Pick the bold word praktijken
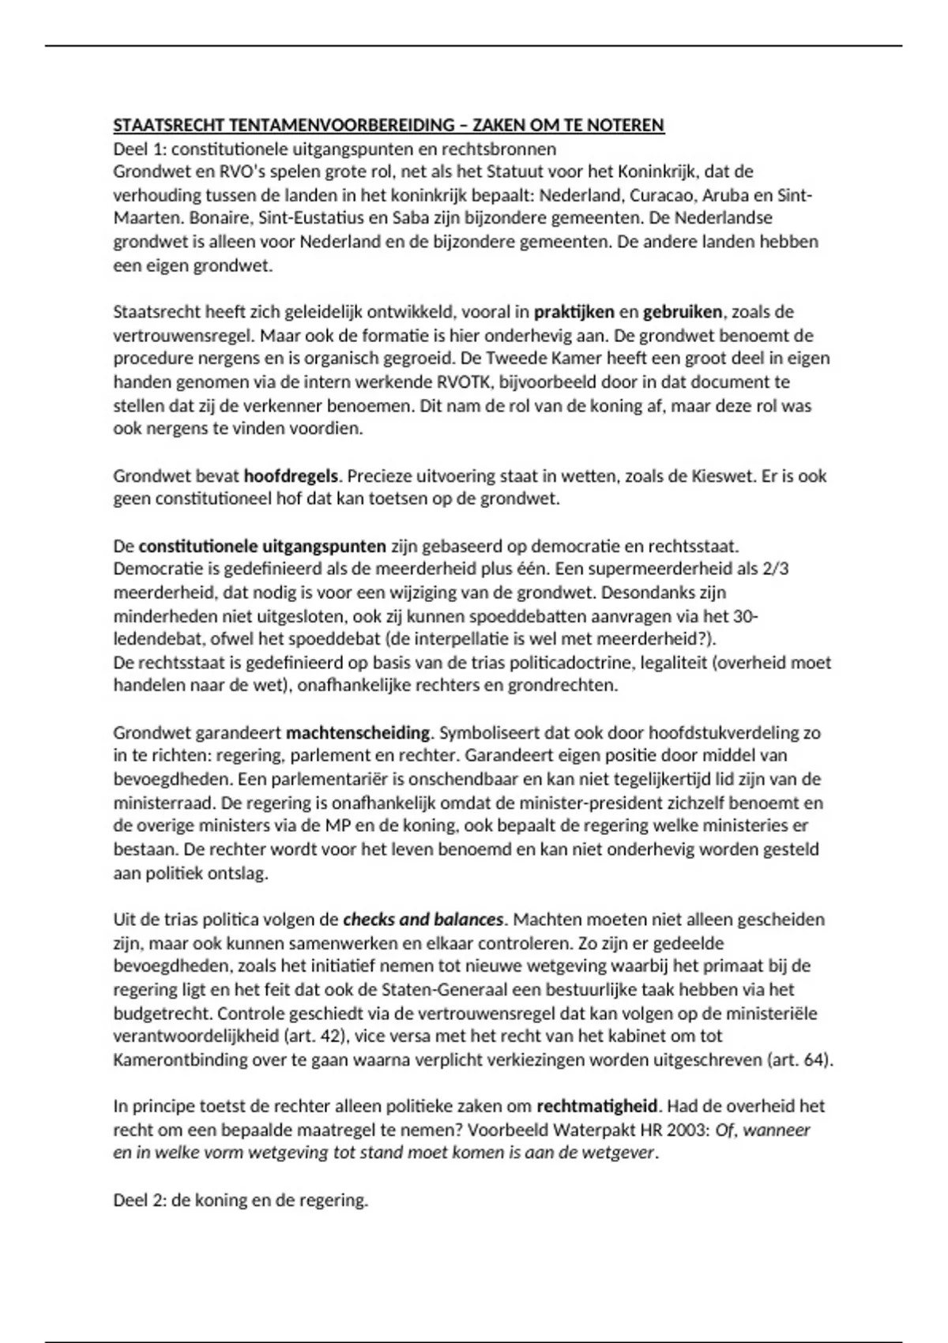[574, 312]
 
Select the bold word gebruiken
[683, 312]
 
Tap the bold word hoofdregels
[291, 476]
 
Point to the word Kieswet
[720, 476]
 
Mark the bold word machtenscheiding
[358, 733]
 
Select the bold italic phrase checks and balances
[423, 920]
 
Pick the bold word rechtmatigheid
[597, 1107]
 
